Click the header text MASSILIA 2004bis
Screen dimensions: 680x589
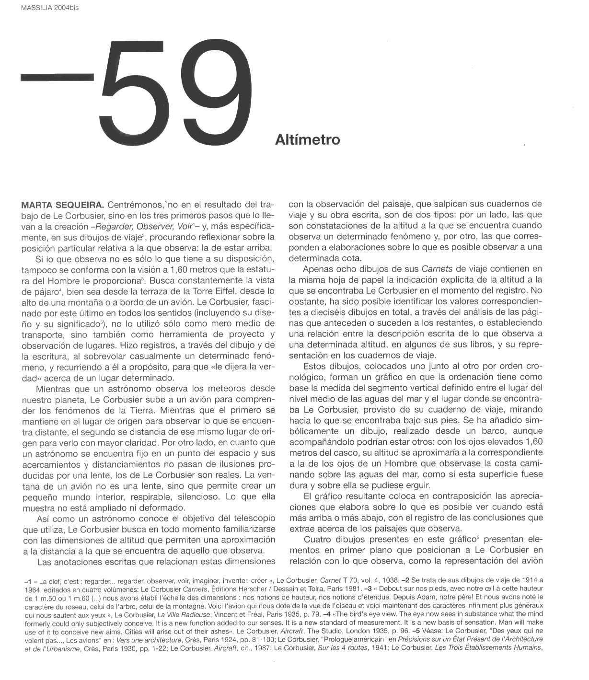point(50,7)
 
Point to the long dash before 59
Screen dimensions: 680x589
point(57,78)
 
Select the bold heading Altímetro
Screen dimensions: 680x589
point(307,140)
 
